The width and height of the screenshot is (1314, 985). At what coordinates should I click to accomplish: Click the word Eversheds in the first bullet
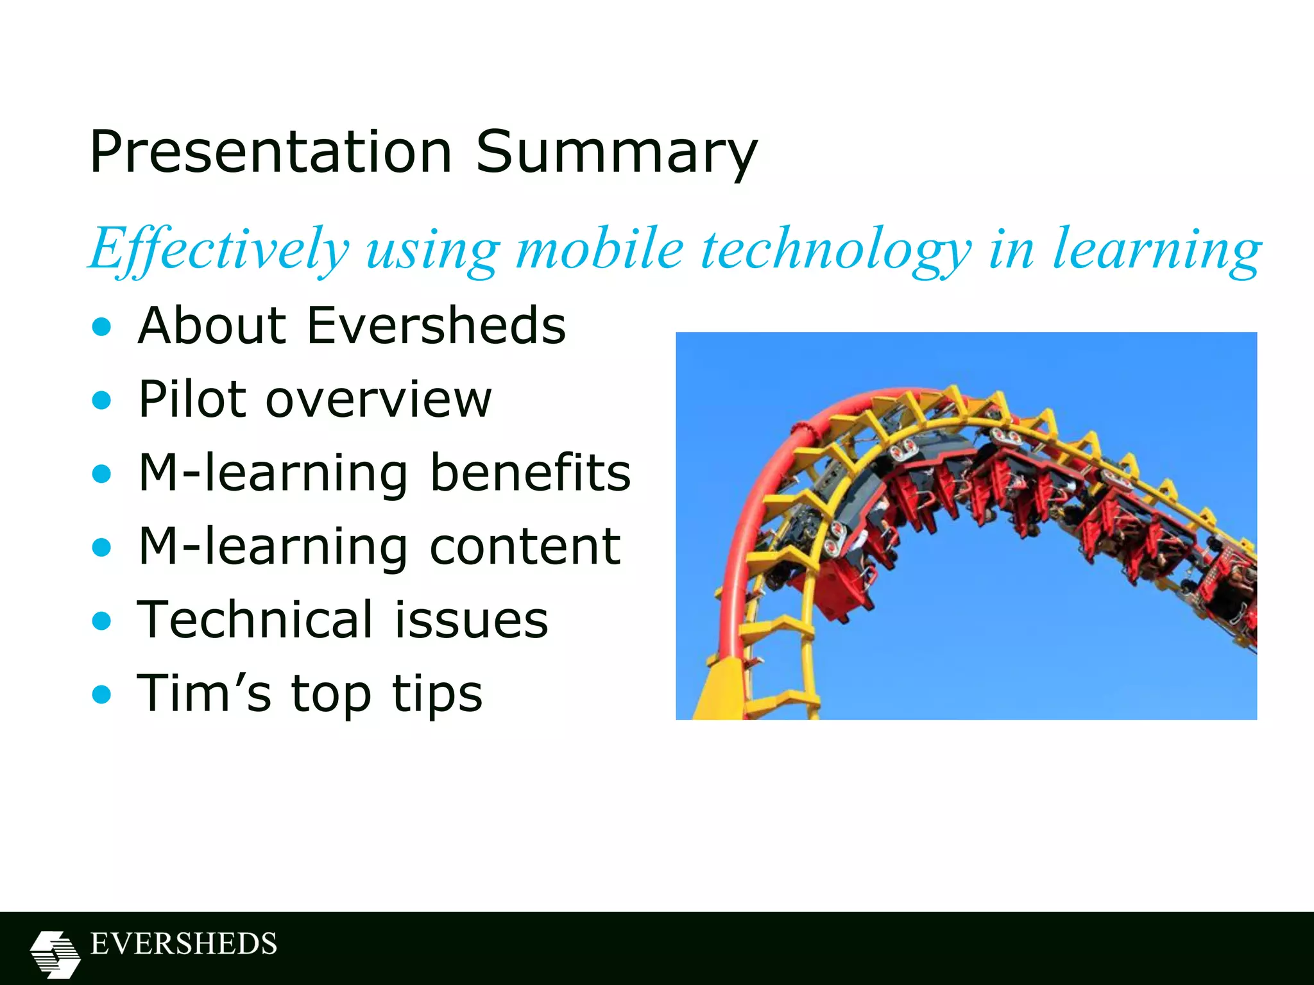(x=436, y=326)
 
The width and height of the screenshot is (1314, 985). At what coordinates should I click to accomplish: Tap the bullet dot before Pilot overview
(x=101, y=401)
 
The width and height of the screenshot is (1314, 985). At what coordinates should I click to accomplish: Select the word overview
(x=379, y=400)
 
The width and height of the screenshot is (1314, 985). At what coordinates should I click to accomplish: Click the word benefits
(x=530, y=473)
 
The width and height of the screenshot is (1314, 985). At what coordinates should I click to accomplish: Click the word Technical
(x=255, y=620)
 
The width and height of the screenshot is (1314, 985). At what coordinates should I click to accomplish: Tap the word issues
(x=471, y=620)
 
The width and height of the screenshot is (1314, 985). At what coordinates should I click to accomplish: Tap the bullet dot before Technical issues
(x=101, y=621)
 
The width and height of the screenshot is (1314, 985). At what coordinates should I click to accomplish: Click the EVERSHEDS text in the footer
(x=183, y=944)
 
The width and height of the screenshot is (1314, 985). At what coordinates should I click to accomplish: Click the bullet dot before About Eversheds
(x=101, y=328)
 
